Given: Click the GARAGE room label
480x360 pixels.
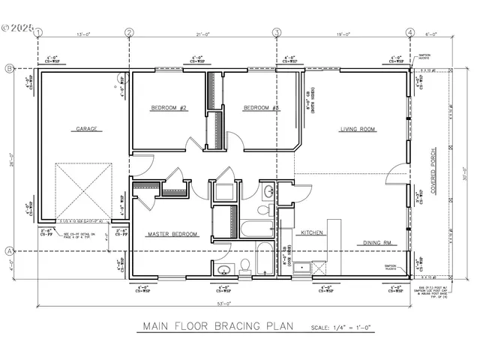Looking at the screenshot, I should click(x=86, y=128).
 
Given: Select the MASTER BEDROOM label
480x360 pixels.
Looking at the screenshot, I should click(x=172, y=234).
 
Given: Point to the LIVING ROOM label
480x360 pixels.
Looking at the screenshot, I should click(x=358, y=129).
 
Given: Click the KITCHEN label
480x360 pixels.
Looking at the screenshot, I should click(x=312, y=232).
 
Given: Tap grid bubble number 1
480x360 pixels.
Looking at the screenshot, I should click(x=38, y=32).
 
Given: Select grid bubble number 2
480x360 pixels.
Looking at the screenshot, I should click(x=129, y=32).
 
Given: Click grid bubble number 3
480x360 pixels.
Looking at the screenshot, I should click(x=277, y=32).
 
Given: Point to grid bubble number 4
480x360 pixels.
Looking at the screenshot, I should click(x=409, y=32).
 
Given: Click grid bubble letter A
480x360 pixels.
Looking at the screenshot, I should click(x=10, y=250).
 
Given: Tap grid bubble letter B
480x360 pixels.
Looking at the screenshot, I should click(x=10, y=68).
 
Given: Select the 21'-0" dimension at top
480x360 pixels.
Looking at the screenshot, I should click(x=202, y=33).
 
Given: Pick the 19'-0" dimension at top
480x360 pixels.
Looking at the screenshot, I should click(x=343, y=33).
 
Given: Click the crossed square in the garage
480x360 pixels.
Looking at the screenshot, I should click(x=84, y=187).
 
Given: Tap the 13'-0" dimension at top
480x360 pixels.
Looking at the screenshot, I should click(x=83, y=33).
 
